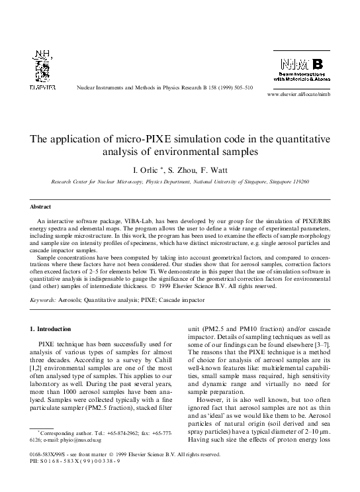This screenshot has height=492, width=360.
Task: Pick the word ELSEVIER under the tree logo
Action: pos(43,87)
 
